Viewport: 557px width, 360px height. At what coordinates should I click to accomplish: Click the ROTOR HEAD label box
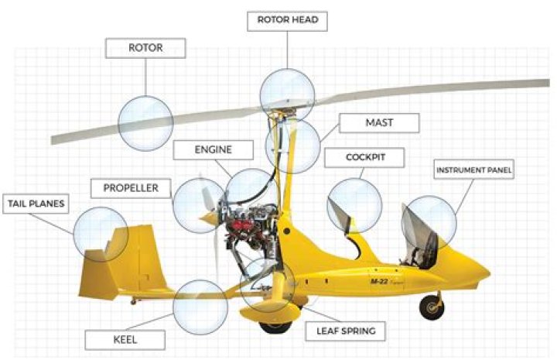click(x=287, y=22)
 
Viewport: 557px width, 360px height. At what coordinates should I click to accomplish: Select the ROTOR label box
click(x=145, y=48)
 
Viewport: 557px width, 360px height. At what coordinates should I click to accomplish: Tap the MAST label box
click(x=379, y=123)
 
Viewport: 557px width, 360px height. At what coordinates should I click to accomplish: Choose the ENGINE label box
click(x=214, y=149)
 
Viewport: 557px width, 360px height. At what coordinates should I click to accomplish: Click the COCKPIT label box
click(x=364, y=157)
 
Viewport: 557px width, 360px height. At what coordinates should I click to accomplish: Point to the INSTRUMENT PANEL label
click(x=474, y=170)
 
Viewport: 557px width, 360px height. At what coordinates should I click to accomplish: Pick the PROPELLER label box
click(x=131, y=188)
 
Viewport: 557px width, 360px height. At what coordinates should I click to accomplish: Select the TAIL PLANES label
click(x=36, y=204)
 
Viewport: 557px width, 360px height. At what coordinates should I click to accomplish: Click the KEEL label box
click(x=125, y=340)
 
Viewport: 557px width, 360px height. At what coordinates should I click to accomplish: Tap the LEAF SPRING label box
click(x=346, y=331)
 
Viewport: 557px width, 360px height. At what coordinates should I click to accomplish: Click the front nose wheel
click(x=432, y=308)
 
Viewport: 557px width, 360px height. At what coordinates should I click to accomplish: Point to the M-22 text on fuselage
click(x=379, y=282)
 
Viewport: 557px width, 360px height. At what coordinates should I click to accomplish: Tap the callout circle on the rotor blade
click(x=145, y=123)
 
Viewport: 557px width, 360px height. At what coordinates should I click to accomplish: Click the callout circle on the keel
click(x=200, y=307)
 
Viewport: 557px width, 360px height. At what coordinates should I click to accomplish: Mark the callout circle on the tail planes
click(x=101, y=235)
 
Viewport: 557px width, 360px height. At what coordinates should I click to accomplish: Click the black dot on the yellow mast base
click(x=287, y=231)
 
